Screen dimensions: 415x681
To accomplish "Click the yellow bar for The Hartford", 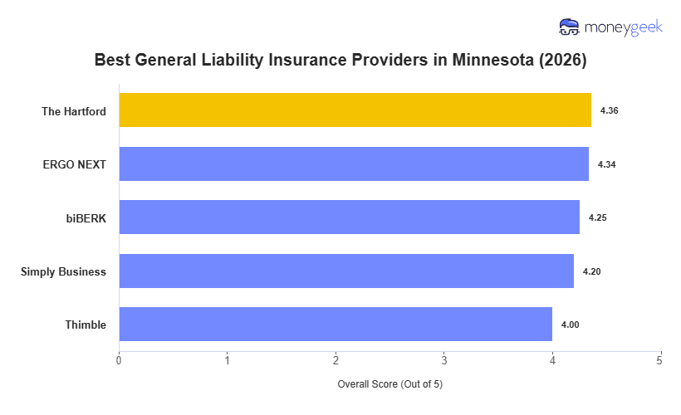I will pyautogui.click(x=355, y=110).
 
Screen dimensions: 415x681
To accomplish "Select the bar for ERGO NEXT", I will pyautogui.click(x=354, y=164).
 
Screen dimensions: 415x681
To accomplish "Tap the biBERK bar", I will pyautogui.click(x=349, y=217).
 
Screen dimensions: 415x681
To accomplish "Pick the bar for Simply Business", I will pyautogui.click(x=346, y=271).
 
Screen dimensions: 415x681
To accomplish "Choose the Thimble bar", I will pyautogui.click(x=336, y=325).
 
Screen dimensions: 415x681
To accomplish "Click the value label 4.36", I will pyautogui.click(x=609, y=110).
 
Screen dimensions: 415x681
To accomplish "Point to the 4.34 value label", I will pyautogui.click(x=606, y=164).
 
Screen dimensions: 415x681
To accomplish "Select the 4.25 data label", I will pyautogui.click(x=597, y=217).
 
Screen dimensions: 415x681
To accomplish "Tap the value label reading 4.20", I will pyautogui.click(x=591, y=271).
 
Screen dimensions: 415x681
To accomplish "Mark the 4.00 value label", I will pyautogui.click(x=570, y=325).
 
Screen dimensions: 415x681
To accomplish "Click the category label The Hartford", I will pyautogui.click(x=74, y=111).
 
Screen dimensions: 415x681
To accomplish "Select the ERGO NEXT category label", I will pyautogui.click(x=75, y=164).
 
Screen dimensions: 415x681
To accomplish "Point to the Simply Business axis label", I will pyautogui.click(x=63, y=271).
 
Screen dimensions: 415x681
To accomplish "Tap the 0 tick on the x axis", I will pyautogui.click(x=119, y=360).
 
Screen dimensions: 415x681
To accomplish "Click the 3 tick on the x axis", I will pyautogui.click(x=443, y=360).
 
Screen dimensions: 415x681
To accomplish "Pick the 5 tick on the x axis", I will pyautogui.click(x=660, y=360).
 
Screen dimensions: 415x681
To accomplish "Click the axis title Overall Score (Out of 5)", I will pyautogui.click(x=389, y=385).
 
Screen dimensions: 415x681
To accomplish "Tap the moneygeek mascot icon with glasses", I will pyautogui.click(x=570, y=27).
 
